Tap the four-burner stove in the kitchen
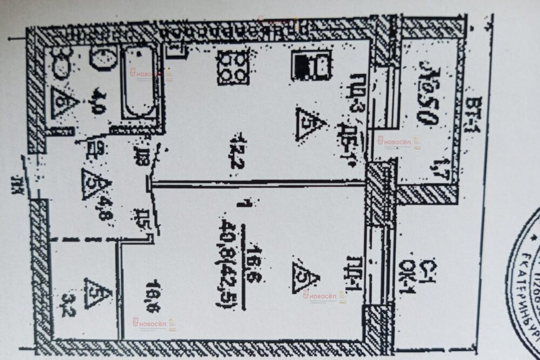coord(233,67)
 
